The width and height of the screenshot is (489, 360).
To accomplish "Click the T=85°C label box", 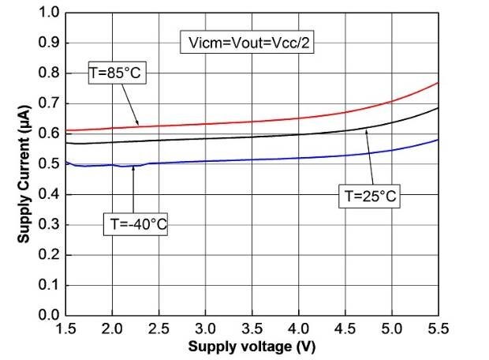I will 118,73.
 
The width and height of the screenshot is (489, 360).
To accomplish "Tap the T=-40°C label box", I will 136,223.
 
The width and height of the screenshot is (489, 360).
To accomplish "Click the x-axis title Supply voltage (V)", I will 252,347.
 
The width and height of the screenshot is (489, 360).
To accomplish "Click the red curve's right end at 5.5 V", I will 437,83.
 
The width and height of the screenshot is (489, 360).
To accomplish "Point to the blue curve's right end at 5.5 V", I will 437,140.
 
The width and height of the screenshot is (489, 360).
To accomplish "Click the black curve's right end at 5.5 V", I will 437,108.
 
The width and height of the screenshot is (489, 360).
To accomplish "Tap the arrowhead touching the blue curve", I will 133,167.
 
